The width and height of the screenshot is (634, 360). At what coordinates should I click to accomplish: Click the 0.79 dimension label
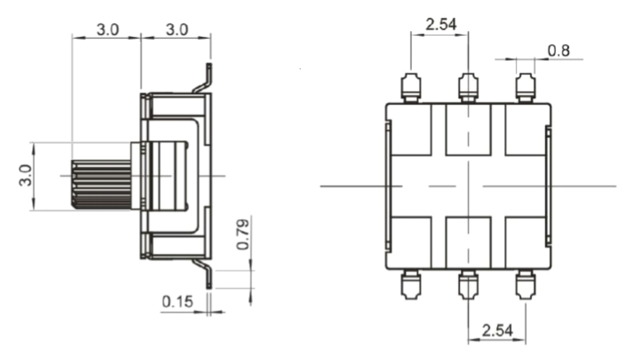(x=243, y=234)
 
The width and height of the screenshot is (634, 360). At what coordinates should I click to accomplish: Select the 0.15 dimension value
(x=177, y=301)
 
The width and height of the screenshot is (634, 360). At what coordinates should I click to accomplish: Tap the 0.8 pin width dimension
(x=558, y=50)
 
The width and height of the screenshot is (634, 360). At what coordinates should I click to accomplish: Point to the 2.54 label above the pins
(x=441, y=24)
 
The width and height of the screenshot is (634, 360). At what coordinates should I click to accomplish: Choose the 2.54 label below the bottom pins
(x=497, y=330)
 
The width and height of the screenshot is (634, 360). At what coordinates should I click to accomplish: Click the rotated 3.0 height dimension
(x=25, y=175)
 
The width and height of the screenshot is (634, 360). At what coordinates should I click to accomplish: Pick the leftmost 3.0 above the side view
(x=107, y=30)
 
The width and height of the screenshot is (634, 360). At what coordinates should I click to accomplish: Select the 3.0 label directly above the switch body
(x=176, y=30)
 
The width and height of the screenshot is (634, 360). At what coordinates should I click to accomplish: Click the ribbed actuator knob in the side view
(x=101, y=184)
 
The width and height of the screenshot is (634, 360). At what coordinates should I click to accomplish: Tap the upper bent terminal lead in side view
(x=203, y=81)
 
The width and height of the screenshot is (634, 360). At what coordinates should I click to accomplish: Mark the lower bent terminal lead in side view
(x=203, y=271)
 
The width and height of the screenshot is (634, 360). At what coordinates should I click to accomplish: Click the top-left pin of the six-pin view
(x=411, y=88)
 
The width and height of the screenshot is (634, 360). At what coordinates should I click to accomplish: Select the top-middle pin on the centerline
(x=468, y=88)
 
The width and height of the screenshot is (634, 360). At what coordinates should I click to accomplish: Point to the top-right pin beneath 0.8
(x=525, y=88)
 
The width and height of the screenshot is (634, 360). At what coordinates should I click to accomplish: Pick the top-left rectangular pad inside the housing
(x=410, y=130)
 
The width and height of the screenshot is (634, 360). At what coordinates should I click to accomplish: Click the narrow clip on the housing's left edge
(x=388, y=185)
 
